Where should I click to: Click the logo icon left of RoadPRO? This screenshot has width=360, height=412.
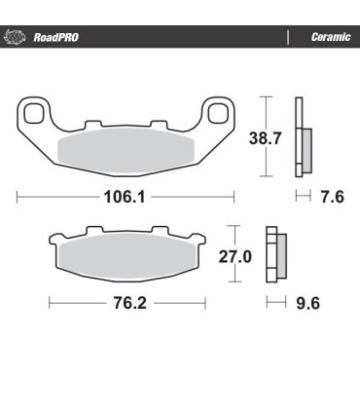(x=16, y=38)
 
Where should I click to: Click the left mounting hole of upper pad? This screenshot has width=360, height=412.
(x=35, y=115)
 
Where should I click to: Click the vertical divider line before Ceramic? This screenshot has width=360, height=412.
(x=288, y=38)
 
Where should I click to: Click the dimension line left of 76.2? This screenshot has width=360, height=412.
(x=73, y=303)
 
